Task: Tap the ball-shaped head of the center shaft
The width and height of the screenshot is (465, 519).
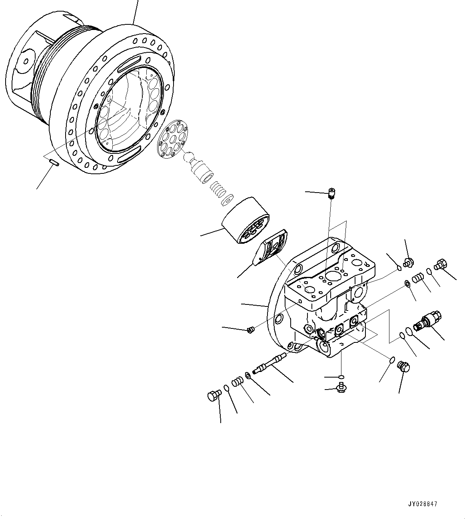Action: (x=189, y=157)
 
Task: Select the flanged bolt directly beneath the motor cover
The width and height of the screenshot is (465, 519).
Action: (x=341, y=387)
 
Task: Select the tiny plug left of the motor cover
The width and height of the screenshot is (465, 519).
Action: (x=251, y=330)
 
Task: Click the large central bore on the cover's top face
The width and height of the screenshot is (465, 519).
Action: (x=331, y=276)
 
